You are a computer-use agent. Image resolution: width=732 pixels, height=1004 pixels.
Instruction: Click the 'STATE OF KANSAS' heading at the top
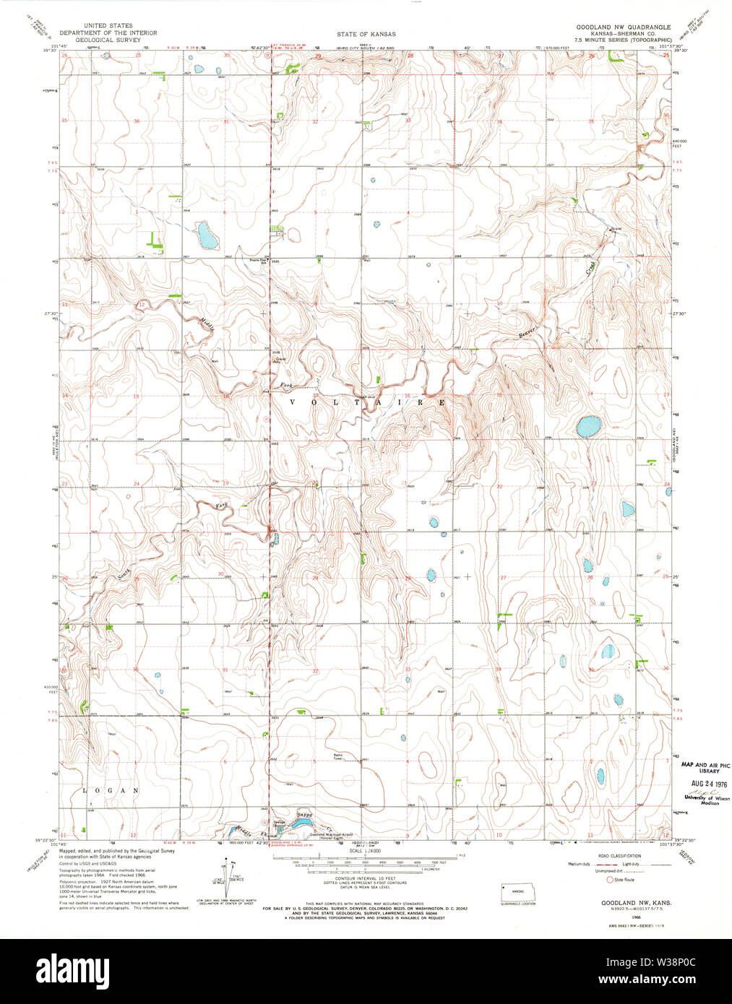click(x=366, y=34)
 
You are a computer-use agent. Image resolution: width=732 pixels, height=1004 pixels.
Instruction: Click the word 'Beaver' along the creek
click(x=529, y=332)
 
